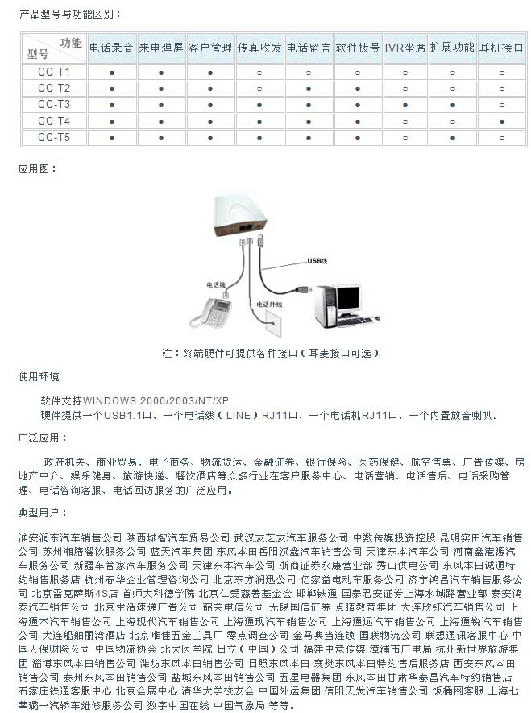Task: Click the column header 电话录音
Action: click(111, 48)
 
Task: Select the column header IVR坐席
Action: click(404, 48)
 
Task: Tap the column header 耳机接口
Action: click(502, 48)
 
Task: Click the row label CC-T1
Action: click(54, 72)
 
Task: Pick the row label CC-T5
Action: click(54, 138)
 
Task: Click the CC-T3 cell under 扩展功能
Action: click(453, 105)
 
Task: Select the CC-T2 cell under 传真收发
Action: click(259, 89)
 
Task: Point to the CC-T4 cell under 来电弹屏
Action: click(161, 122)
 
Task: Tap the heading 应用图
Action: click(38, 169)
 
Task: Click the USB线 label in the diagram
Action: click(317, 262)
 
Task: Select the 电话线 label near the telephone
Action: click(215, 284)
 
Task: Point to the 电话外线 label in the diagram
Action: click(270, 305)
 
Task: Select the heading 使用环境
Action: click(39, 377)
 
